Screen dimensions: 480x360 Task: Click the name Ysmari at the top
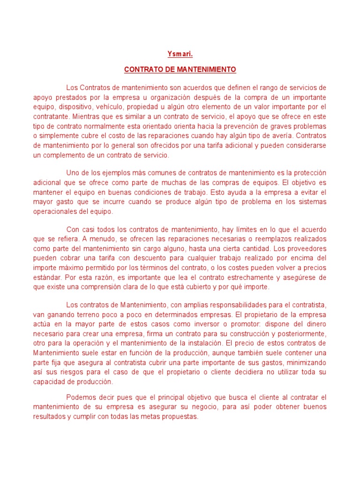click(x=180, y=54)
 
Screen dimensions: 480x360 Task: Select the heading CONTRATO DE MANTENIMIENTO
click(x=180, y=69)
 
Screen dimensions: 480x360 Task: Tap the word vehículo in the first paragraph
click(x=104, y=107)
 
